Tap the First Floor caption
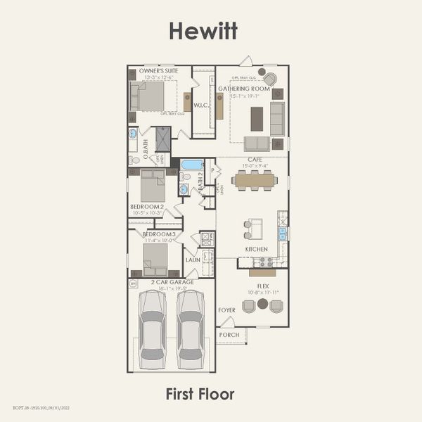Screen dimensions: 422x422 pyautogui.click(x=200, y=394)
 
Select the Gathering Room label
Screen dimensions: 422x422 pyautogui.click(x=243, y=89)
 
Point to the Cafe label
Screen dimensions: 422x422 pyautogui.click(x=254, y=160)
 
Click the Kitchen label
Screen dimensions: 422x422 pyautogui.click(x=256, y=249)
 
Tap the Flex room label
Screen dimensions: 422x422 pyautogui.click(x=263, y=286)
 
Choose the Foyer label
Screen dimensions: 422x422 pyautogui.click(x=226, y=309)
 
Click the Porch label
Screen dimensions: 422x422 pyautogui.click(x=229, y=335)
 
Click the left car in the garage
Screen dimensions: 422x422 pyautogui.click(x=152, y=329)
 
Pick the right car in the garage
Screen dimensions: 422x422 pyautogui.click(x=190, y=329)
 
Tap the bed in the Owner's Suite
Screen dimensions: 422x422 pyautogui.click(x=149, y=96)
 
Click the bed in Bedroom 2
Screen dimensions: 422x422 pyautogui.click(x=153, y=186)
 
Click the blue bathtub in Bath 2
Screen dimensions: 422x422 pyautogui.click(x=192, y=165)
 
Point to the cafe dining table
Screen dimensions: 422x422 pyautogui.click(x=255, y=180)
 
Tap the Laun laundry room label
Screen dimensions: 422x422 pyautogui.click(x=193, y=260)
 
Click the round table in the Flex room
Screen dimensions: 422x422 pyautogui.click(x=262, y=304)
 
